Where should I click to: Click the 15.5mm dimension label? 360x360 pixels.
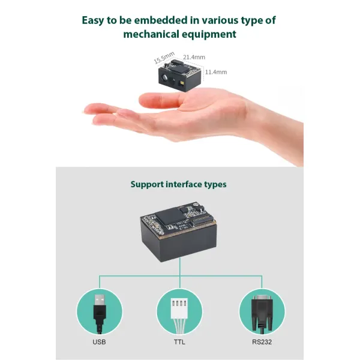pyautogui.click(x=164, y=57)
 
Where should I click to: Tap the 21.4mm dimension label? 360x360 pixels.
pyautogui.click(x=194, y=57)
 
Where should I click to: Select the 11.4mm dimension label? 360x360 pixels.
pyautogui.click(x=215, y=72)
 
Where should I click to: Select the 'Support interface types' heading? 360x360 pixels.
pyautogui.click(x=179, y=184)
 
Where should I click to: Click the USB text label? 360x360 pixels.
pyautogui.click(x=100, y=343)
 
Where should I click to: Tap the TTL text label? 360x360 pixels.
pyautogui.click(x=179, y=343)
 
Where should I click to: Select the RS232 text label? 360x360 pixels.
pyautogui.click(x=262, y=343)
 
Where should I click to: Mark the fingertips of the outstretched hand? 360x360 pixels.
pyautogui.click(x=90, y=111)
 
